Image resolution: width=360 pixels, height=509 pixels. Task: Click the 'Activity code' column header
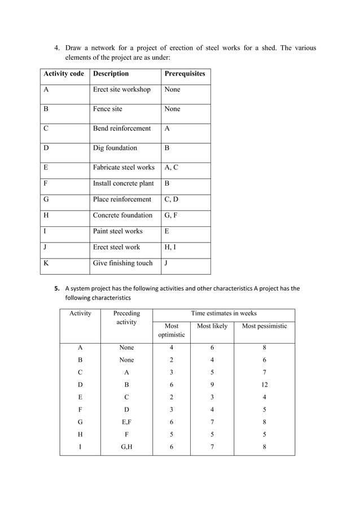click(63, 74)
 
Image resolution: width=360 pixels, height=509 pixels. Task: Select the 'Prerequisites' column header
click(185, 74)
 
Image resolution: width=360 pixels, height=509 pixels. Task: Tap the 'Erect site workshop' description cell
click(122, 90)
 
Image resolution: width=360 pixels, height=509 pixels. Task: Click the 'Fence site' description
click(107, 109)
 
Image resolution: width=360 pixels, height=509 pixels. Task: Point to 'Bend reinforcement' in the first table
click(122, 129)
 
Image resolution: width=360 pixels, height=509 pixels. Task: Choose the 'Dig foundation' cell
click(115, 148)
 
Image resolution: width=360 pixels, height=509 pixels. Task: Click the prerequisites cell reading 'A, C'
click(172, 168)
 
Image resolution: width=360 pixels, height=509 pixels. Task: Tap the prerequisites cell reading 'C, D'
click(172, 199)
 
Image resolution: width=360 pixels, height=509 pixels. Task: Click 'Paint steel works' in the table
click(118, 231)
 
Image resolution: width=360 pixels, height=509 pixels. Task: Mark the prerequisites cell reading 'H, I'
click(170, 247)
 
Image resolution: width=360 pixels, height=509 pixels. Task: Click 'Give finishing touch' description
click(122, 263)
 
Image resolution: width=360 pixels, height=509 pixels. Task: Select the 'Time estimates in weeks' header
click(223, 313)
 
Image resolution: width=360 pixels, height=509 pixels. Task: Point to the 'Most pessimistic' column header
click(264, 326)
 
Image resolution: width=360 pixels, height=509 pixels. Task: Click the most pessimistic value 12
click(264, 385)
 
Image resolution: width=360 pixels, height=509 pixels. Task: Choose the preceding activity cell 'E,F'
click(126, 422)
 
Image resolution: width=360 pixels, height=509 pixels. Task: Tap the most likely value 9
click(212, 385)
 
